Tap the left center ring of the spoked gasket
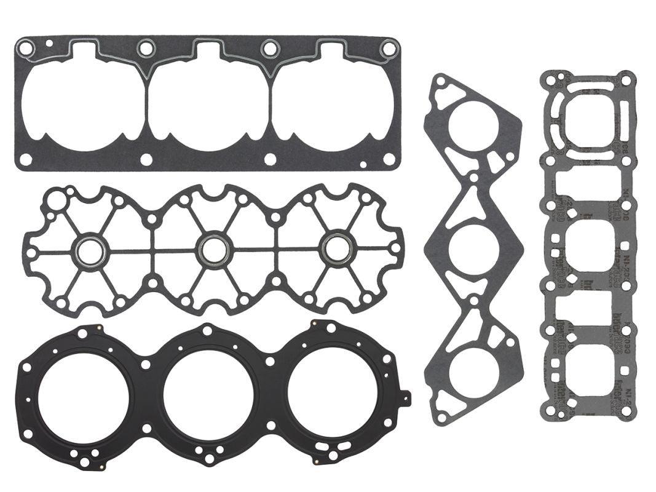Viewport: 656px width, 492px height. [90, 249]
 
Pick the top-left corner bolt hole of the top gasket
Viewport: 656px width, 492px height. [25, 46]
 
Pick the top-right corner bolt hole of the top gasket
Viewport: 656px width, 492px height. [389, 46]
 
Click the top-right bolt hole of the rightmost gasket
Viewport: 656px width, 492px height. [626, 79]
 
